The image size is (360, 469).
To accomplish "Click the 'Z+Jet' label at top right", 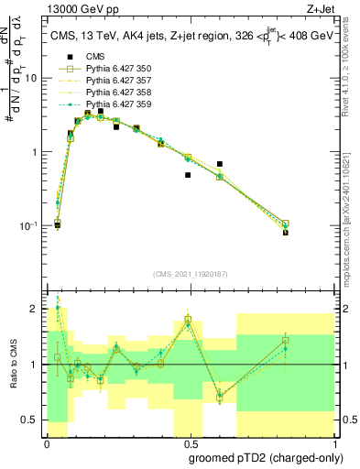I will (x=331, y=11).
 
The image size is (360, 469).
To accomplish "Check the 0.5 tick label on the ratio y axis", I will (x=31, y=420).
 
